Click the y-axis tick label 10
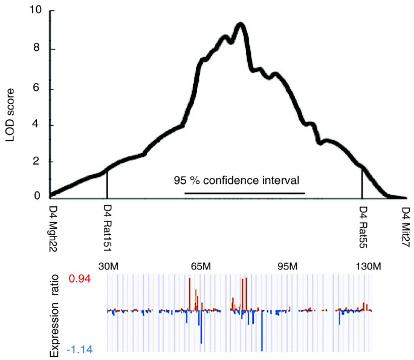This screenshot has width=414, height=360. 37,11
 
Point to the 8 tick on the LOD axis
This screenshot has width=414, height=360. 39,49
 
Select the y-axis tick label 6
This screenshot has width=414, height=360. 39,88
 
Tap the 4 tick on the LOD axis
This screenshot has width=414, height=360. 39,125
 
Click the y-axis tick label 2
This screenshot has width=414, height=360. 39,162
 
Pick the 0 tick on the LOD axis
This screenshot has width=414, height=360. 39,196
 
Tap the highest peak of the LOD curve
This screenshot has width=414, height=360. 241,24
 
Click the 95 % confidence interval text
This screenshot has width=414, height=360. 236,180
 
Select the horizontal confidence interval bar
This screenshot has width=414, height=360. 245,194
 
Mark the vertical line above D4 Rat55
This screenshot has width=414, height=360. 362,182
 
